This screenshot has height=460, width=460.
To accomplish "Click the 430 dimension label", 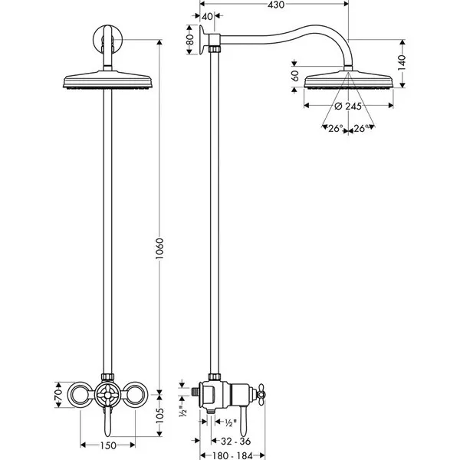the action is pyautogui.click(x=276, y=5).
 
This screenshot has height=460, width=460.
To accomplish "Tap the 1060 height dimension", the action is pyautogui.click(x=159, y=248).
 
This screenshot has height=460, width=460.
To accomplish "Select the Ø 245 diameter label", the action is pyautogui.click(x=348, y=106).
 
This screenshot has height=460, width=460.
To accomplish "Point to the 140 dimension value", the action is pyautogui.click(x=402, y=63).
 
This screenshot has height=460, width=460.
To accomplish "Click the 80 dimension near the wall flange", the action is pyautogui.click(x=190, y=40).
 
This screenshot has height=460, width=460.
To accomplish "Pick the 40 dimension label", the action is pyautogui.click(x=207, y=17).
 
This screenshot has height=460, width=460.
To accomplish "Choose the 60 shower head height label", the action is pyautogui.click(x=295, y=76).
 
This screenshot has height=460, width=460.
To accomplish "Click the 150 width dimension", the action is pyautogui.click(x=108, y=445).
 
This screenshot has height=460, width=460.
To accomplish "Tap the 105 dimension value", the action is pyautogui.click(x=159, y=416).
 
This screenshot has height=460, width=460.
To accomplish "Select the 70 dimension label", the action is pyautogui.click(x=59, y=395).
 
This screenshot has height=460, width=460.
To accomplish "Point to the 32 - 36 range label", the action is pyautogui.click(x=235, y=441).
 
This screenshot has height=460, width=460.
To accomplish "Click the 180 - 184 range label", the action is pyautogui.click(x=232, y=455).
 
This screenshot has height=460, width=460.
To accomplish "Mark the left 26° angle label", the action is pyautogui.click(x=335, y=129).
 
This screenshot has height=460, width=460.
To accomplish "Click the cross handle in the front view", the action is pyautogui.click(x=107, y=395).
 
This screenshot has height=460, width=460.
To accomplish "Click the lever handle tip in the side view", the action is pyautogui.click(x=243, y=432).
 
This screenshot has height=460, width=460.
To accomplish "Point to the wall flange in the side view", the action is pyautogui.click(x=202, y=40).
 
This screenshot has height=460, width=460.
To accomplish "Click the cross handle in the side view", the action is pyautogui.click(x=261, y=395).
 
